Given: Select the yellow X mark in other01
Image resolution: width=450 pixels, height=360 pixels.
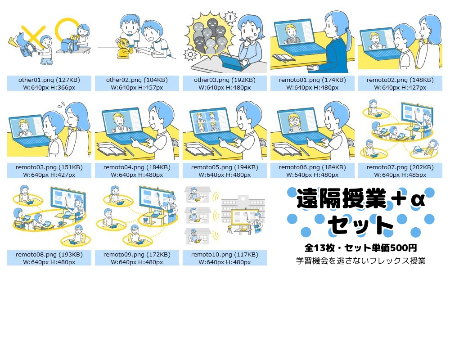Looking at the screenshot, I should [x=33, y=33].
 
